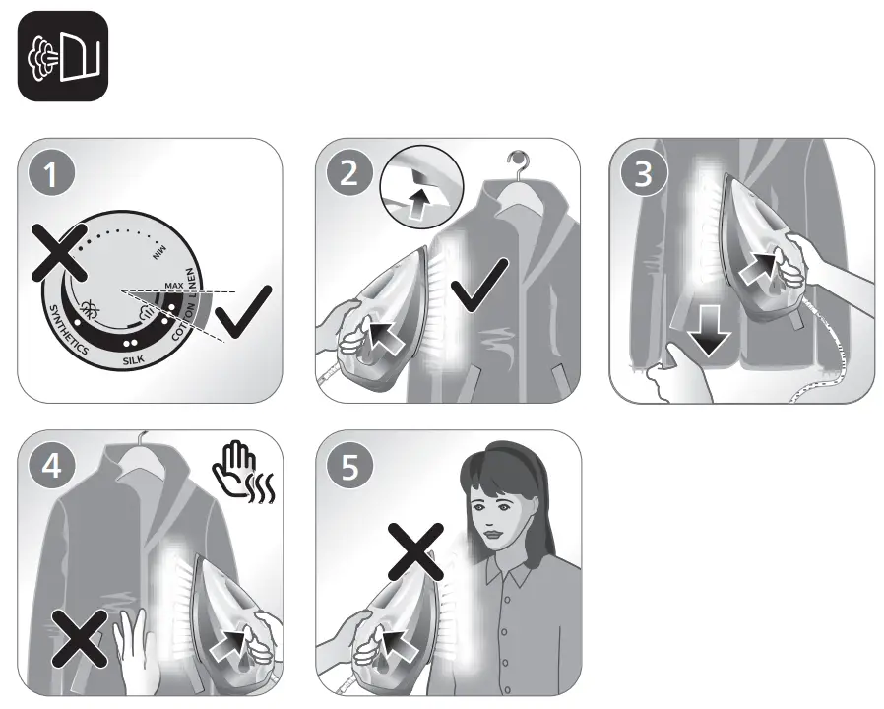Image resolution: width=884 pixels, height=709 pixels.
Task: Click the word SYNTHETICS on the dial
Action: tap(67, 329)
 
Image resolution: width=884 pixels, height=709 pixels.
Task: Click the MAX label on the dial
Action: tap(174, 286)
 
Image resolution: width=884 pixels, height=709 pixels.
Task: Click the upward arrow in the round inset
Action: tap(420, 205)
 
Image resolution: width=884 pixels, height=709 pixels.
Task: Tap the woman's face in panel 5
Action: tap(500, 517)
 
